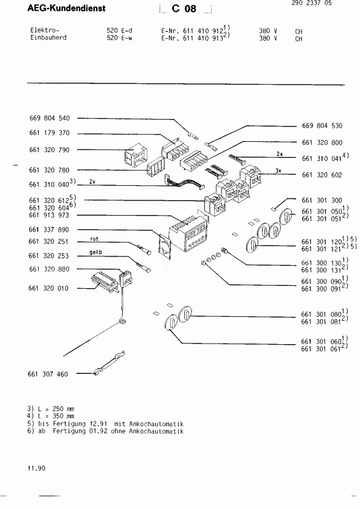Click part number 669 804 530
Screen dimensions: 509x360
(x=320, y=126)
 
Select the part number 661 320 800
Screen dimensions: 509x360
(x=320, y=143)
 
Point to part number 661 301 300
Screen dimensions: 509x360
(x=320, y=200)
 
